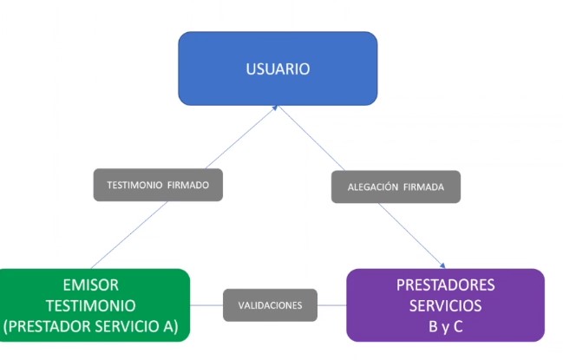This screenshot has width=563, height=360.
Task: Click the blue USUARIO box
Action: (278, 69)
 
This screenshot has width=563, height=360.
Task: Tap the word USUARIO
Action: (278, 69)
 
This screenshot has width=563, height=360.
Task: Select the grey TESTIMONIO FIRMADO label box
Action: (158, 185)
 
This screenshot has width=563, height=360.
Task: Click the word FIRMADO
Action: (188, 185)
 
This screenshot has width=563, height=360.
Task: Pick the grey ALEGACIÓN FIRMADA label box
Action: (396, 187)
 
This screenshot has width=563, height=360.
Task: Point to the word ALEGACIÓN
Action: (373, 187)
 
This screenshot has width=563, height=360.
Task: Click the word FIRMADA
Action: (423, 187)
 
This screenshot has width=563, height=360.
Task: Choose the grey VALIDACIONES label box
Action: (270, 305)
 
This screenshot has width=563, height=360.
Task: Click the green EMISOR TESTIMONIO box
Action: (93, 305)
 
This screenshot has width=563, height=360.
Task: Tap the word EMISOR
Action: (90, 285)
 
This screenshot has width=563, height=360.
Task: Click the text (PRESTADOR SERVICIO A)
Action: (90, 327)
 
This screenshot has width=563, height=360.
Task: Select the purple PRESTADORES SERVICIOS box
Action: (445, 305)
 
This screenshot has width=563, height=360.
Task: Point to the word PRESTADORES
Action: (445, 285)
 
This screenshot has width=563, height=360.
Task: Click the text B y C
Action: (445, 327)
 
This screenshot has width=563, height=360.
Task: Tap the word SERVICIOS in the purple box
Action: (445, 306)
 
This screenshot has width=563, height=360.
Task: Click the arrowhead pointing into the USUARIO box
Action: (275, 108)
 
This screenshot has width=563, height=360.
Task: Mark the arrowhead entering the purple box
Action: (442, 266)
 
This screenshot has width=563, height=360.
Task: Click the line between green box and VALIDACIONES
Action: (206, 305)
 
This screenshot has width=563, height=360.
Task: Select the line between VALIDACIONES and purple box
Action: (331, 305)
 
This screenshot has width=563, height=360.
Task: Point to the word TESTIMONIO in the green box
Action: (90, 306)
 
